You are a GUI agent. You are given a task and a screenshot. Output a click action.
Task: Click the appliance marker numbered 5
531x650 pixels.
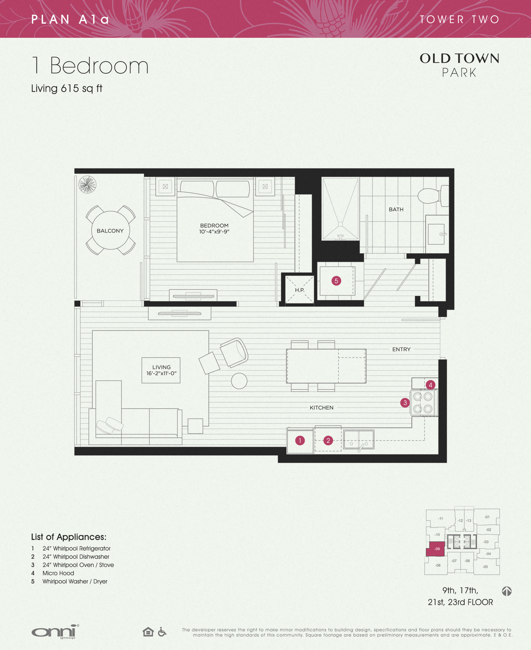tap(336, 281)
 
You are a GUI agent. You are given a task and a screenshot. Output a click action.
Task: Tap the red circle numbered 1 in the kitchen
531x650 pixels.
tap(300, 440)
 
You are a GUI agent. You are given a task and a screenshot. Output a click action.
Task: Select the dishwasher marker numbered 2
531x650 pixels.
tap(328, 440)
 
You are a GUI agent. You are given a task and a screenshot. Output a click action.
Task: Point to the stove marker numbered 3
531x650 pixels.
tap(405, 403)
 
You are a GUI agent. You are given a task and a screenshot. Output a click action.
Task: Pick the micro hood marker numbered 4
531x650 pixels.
tap(430, 385)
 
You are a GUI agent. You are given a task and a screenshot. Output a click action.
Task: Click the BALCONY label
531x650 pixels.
tap(110, 231)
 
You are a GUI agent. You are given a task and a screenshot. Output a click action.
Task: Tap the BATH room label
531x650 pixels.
tap(396, 209)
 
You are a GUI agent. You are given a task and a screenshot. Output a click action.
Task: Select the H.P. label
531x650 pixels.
tap(300, 290)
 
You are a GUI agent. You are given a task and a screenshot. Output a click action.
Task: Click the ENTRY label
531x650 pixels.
tap(401, 349)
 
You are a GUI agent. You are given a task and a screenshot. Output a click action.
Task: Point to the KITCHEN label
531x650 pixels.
tap(321, 407)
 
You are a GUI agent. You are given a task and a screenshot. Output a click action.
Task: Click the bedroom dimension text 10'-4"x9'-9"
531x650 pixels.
tap(214, 231)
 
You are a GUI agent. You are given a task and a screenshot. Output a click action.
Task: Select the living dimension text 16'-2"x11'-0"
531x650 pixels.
tap(162, 373)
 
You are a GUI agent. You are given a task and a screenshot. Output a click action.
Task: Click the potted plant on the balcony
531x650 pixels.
tap(87, 184)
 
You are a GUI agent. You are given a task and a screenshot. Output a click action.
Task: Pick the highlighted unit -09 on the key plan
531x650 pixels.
tap(436, 549)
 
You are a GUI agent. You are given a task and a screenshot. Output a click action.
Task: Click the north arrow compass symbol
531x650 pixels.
tap(507, 591)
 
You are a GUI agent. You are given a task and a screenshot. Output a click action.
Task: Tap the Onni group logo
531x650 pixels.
tap(55, 632)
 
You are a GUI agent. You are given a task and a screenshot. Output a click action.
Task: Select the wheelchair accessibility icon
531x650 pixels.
tap(162, 632)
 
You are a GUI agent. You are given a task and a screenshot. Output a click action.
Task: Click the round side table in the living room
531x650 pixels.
tap(239, 381)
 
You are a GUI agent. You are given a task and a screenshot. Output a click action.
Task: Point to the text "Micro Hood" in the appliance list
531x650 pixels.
tap(58, 573)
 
